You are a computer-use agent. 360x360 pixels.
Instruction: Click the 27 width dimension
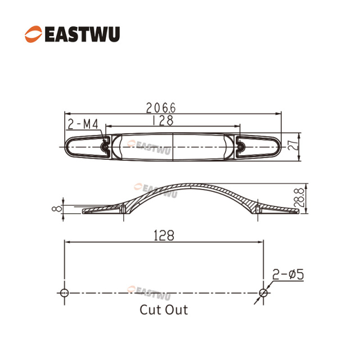[292, 146]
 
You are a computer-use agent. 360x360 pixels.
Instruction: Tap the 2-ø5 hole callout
[288, 275]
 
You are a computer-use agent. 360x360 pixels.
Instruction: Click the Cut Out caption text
[164, 309]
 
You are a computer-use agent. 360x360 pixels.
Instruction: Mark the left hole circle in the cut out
[64, 292]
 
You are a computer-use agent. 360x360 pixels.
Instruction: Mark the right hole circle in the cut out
[263, 292]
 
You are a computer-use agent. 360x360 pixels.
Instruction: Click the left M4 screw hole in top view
[105, 146]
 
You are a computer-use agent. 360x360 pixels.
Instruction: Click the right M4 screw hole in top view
[241, 146]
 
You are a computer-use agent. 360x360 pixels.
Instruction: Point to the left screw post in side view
[123, 209]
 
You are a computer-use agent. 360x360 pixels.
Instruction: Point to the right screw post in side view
[258, 209]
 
